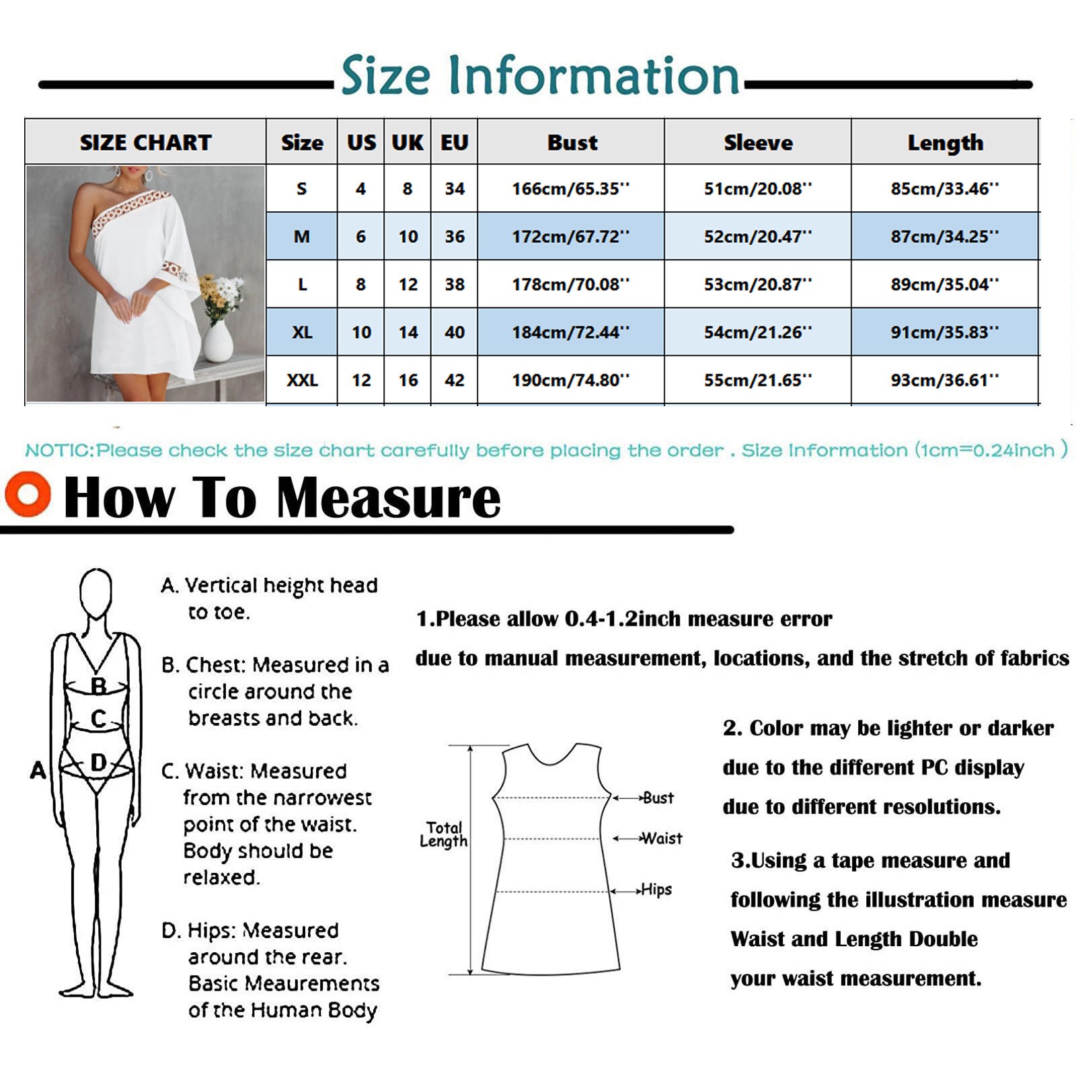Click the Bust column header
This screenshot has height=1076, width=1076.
click(572, 143)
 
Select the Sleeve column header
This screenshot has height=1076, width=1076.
click(758, 143)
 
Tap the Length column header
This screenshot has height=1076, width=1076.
click(945, 143)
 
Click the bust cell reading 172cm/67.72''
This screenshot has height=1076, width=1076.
click(570, 237)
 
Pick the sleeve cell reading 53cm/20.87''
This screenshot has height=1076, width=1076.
click(758, 284)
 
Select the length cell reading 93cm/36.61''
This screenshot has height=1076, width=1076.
click(945, 380)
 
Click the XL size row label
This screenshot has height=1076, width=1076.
click(302, 332)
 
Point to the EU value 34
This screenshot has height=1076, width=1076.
click(455, 189)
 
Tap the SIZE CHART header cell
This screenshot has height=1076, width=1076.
click(145, 143)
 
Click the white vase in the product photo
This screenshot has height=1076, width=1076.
click(217, 342)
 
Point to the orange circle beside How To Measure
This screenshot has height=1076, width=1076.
click(28, 494)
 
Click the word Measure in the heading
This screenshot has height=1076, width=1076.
click(389, 498)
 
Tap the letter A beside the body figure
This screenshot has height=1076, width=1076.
click(38, 770)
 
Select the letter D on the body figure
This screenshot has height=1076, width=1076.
click(98, 763)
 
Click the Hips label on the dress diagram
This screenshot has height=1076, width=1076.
click(656, 890)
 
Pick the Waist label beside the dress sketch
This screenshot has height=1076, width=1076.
click(662, 839)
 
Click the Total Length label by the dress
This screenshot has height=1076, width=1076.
click(444, 835)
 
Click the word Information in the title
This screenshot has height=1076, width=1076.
click(594, 75)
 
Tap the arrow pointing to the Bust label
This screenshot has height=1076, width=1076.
click(627, 798)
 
